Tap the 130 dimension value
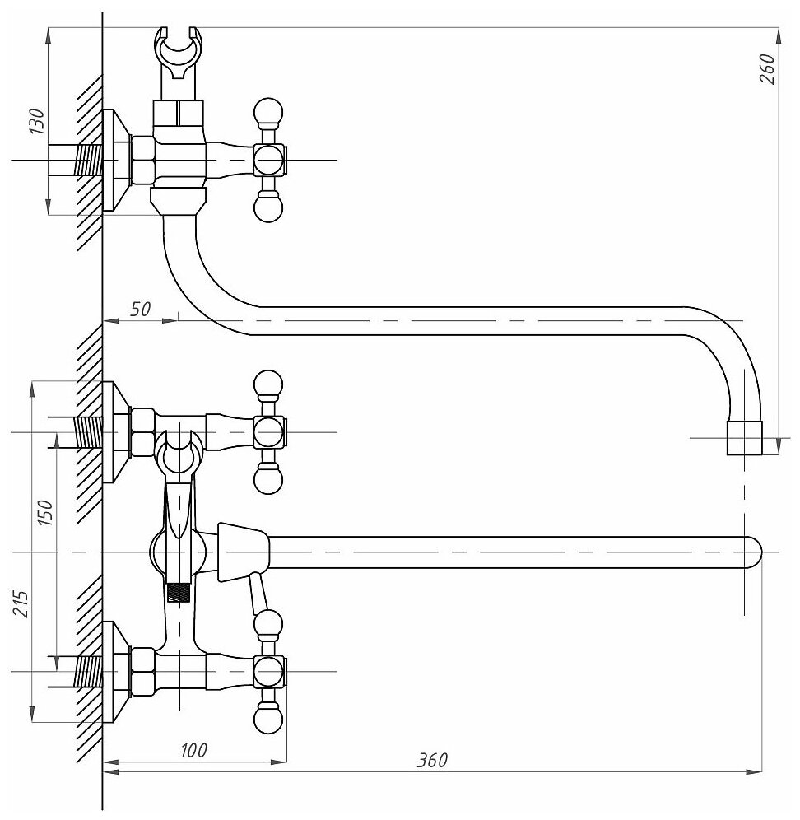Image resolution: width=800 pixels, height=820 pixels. [36, 120]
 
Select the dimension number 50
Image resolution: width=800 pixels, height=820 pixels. [141, 309]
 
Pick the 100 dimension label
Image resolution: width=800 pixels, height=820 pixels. [193, 749]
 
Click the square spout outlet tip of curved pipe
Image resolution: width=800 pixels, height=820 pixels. [745, 438]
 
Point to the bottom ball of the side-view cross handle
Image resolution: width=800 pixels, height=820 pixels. [268, 208]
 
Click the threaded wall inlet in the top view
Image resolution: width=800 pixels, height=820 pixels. [85, 160]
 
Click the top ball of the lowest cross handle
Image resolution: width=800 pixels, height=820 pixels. [268, 626]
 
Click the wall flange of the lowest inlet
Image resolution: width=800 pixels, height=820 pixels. [114, 672]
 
